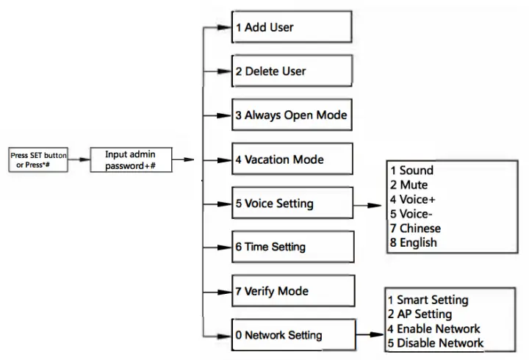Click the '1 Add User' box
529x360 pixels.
(x=292, y=28)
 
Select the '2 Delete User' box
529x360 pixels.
(x=292, y=71)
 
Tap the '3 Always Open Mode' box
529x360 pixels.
(x=292, y=115)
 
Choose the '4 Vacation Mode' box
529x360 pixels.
(x=292, y=159)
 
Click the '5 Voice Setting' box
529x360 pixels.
(x=292, y=204)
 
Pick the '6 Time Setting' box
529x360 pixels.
(x=292, y=247)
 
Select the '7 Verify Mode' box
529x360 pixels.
(x=292, y=291)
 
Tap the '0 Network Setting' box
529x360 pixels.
(x=292, y=335)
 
